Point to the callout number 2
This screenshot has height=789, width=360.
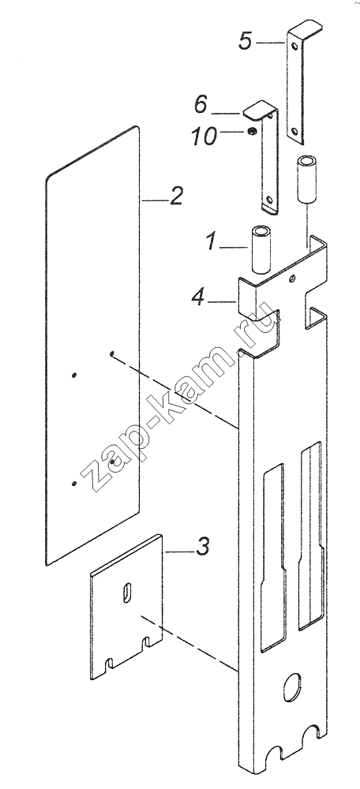175,196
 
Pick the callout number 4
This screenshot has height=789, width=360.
198,298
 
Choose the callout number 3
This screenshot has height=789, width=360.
202,547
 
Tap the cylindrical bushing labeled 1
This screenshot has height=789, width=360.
261,250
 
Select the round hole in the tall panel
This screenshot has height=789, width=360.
291,688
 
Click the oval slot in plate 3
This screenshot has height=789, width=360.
126,592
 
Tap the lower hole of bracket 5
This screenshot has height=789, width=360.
295,132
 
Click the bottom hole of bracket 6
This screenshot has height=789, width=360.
270,200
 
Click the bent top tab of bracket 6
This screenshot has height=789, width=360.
259,110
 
